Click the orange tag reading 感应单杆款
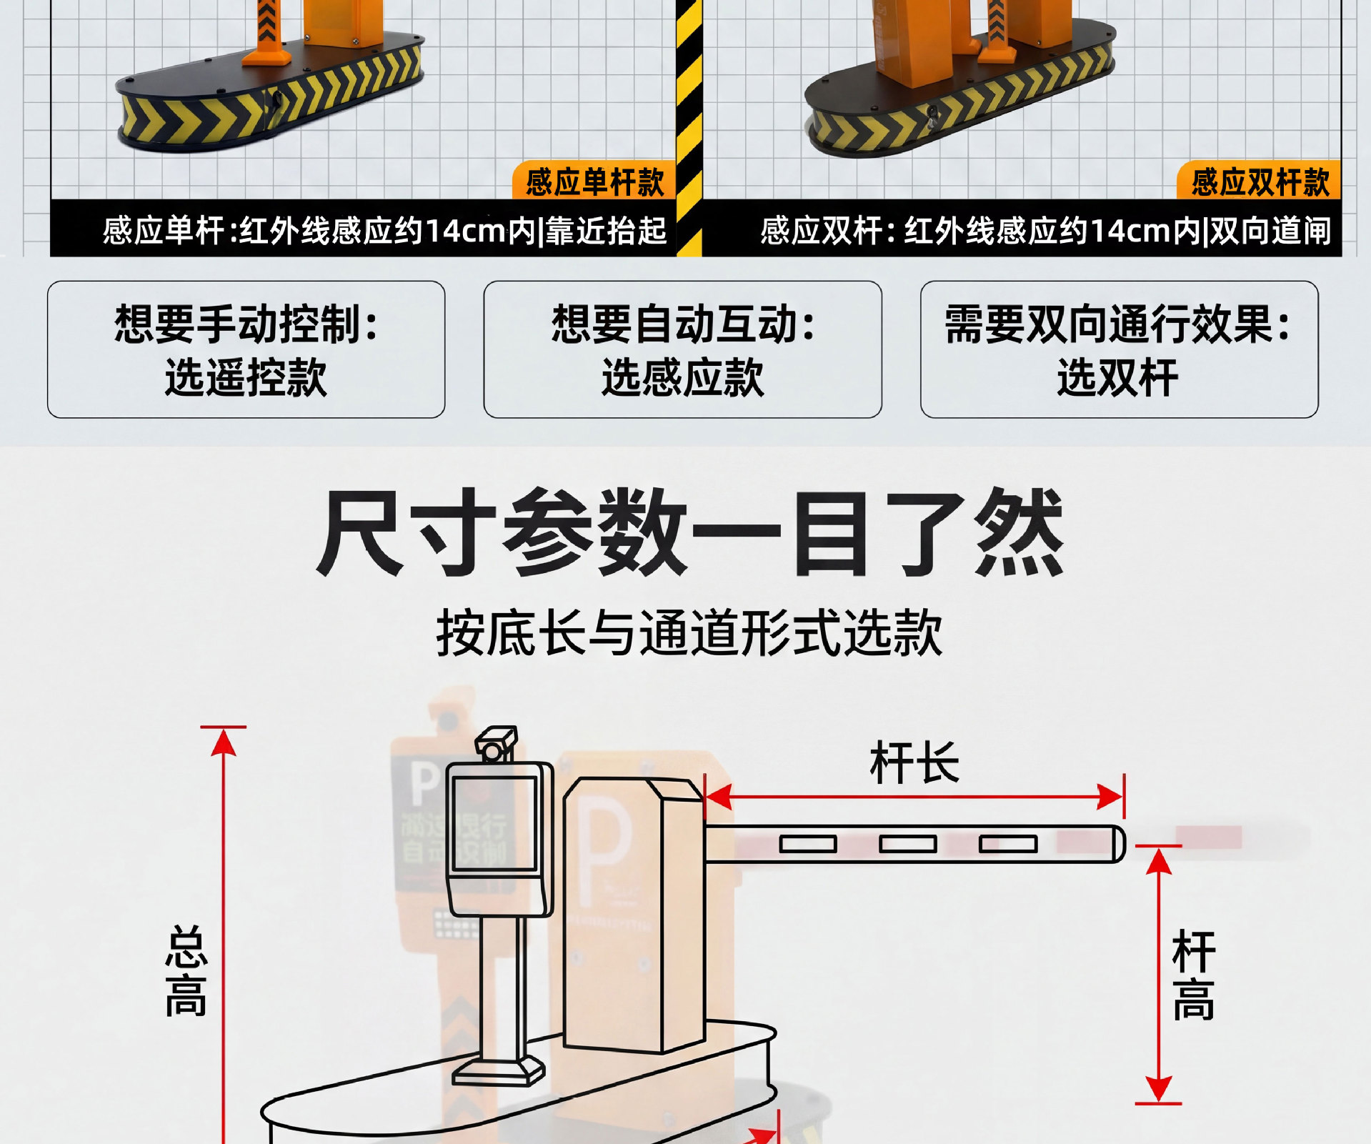point(594,182)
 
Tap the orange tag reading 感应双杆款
point(1259,182)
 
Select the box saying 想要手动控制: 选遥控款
point(246,349)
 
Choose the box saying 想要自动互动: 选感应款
point(682,349)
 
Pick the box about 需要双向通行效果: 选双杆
point(1119,349)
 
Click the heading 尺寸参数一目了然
point(689,532)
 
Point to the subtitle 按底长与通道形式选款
point(689,633)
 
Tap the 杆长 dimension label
point(914,763)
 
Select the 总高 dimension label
point(186,972)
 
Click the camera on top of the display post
point(497,745)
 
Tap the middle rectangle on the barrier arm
point(907,845)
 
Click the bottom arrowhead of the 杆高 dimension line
point(1158,1090)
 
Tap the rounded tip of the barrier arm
point(1117,845)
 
